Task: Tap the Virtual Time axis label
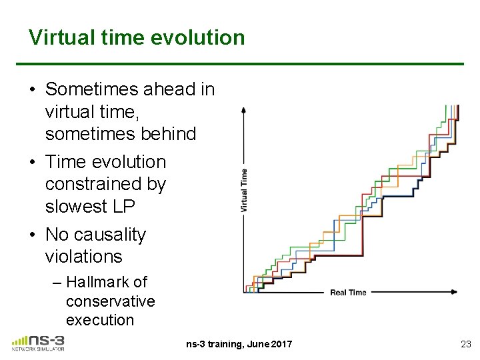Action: (x=244, y=191)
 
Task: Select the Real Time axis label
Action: (x=348, y=293)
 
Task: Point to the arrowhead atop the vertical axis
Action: (x=244, y=109)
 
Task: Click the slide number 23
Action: (x=465, y=344)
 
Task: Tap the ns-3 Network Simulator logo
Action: (x=38, y=343)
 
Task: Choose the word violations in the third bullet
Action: (x=83, y=256)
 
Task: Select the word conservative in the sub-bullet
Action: (x=110, y=301)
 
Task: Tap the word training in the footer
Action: (x=225, y=344)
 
